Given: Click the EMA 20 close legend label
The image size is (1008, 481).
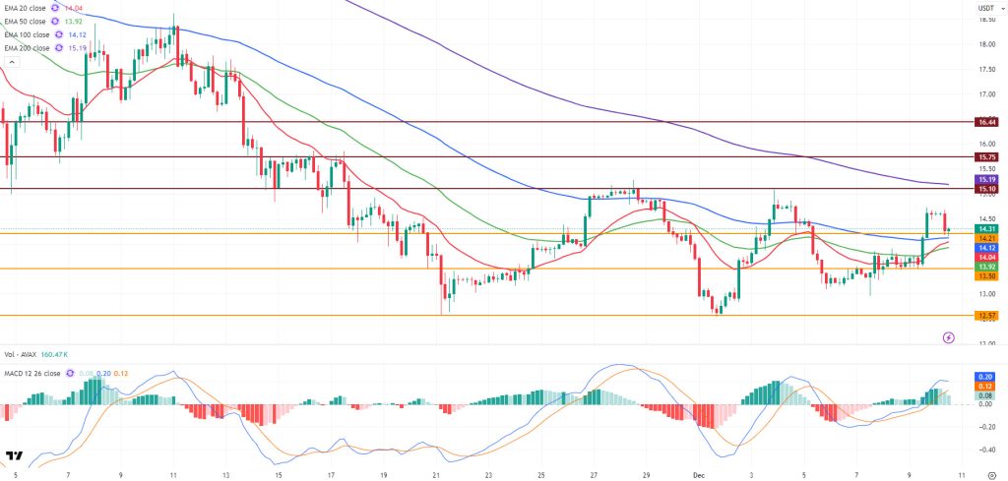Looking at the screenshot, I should click(x=27, y=8).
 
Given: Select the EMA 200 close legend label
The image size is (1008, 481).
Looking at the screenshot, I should click(x=29, y=46).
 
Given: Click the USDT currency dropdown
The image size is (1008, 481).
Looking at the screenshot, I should click(x=985, y=8).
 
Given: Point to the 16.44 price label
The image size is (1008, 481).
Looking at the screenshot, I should click(x=986, y=122).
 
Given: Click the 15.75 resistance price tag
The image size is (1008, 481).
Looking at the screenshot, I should click(x=986, y=156).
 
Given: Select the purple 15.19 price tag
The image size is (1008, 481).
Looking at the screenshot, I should click(x=986, y=180).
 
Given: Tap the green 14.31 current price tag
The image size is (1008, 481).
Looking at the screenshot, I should click(x=986, y=228).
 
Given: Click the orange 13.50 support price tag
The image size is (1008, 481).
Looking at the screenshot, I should click(x=986, y=276).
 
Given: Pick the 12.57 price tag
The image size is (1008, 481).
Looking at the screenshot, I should click(x=986, y=315).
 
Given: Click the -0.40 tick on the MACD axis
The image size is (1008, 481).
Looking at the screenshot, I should click(x=985, y=449).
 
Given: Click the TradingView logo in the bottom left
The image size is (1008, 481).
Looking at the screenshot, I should click(x=15, y=456).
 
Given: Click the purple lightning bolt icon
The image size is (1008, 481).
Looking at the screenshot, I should click(x=948, y=336).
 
